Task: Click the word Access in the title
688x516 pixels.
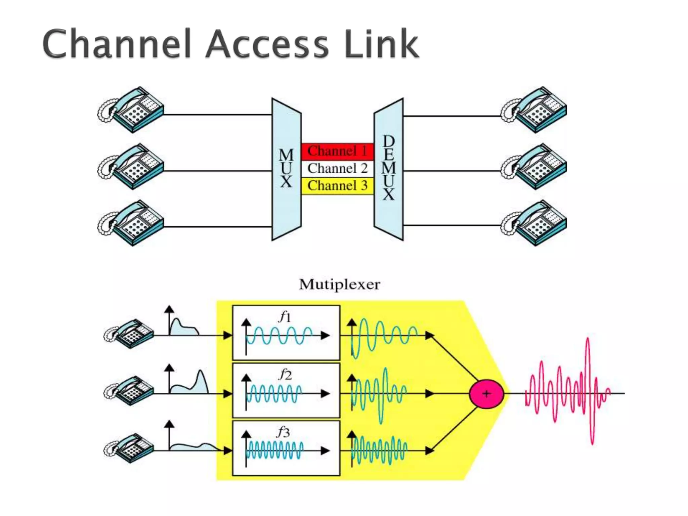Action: (x=267, y=44)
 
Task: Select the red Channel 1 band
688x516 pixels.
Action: (x=337, y=151)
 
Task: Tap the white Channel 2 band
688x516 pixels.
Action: (x=337, y=168)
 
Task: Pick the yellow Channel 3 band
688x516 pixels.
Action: (x=337, y=186)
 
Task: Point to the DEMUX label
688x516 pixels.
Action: (x=389, y=168)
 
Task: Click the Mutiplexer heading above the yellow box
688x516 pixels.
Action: (x=339, y=285)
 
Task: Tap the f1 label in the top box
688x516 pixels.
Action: (x=285, y=316)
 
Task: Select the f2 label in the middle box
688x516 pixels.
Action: (x=285, y=374)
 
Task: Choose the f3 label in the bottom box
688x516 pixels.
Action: (x=283, y=432)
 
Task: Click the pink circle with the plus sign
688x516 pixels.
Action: (x=486, y=394)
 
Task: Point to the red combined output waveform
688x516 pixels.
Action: (x=568, y=391)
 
